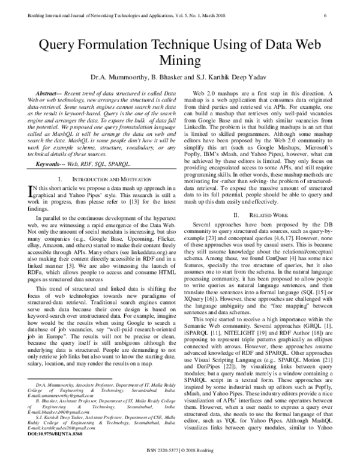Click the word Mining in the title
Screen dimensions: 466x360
pos(181,61)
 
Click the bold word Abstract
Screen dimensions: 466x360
pos(50,95)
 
